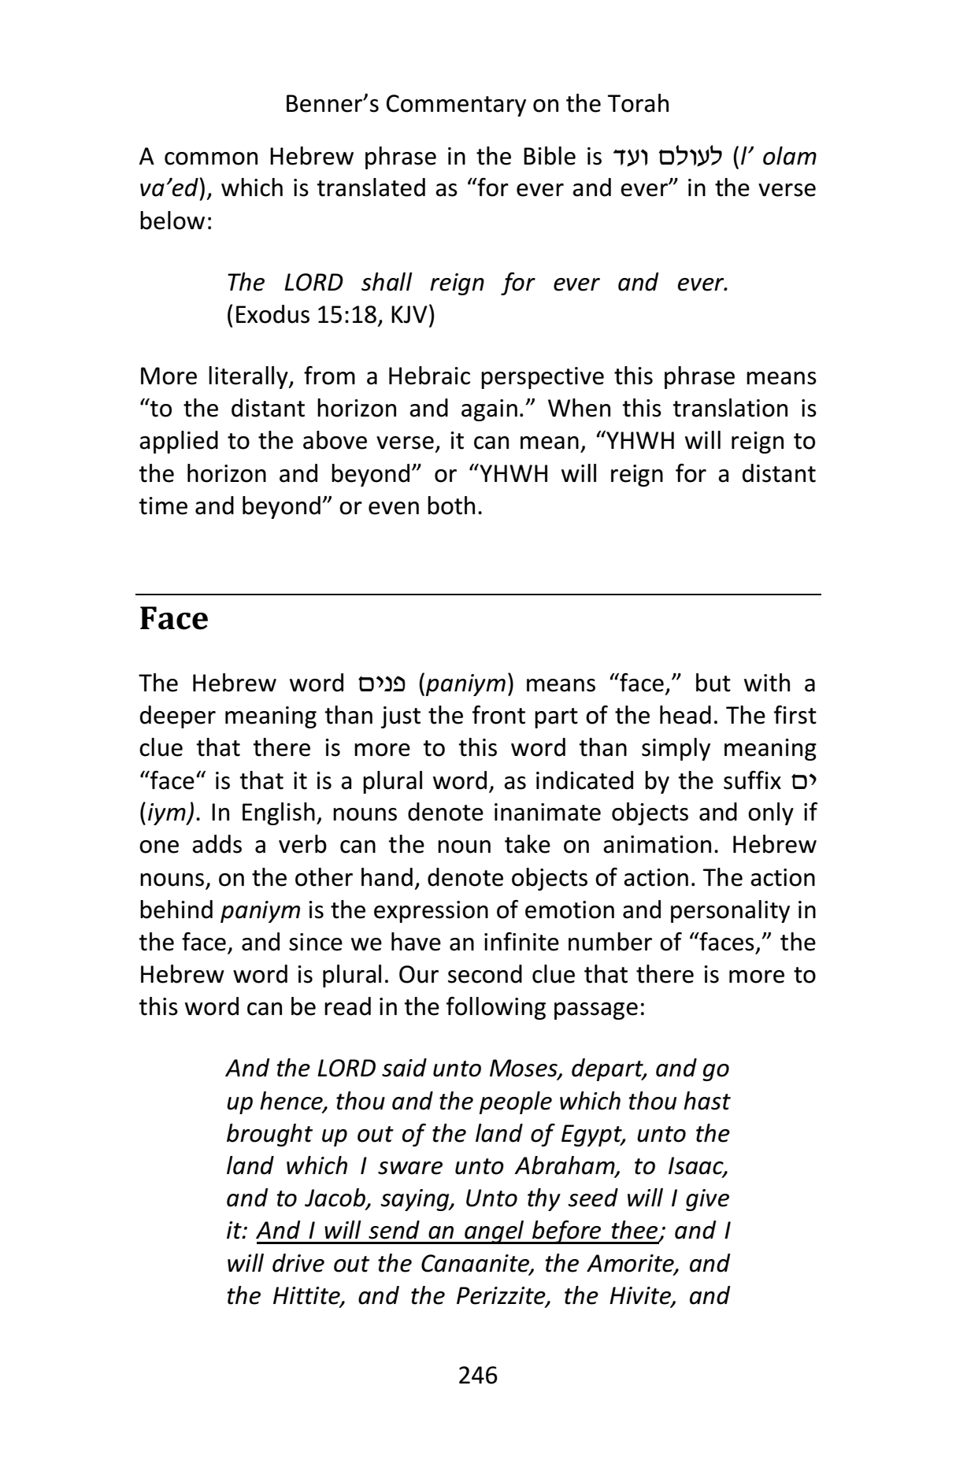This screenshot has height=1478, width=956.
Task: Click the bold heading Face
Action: (x=173, y=619)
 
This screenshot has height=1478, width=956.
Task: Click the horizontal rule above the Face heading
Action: (x=477, y=595)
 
